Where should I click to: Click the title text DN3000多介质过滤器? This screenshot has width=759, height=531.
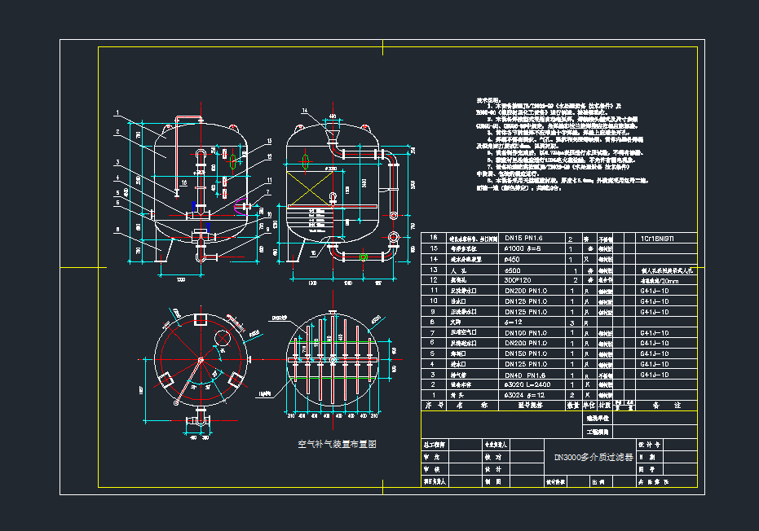pyautogui.click(x=593, y=458)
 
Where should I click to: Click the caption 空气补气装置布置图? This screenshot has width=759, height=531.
pyautogui.click(x=337, y=445)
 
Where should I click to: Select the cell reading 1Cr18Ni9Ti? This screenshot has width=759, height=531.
pyautogui.click(x=658, y=238)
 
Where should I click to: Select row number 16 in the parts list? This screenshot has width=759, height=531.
pyautogui.click(x=434, y=238)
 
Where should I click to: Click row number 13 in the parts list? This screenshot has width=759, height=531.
pyautogui.click(x=434, y=270)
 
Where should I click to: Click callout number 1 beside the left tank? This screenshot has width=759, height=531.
pyautogui.click(x=117, y=112)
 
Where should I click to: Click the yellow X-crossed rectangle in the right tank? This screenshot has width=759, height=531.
pyautogui.click(x=309, y=198)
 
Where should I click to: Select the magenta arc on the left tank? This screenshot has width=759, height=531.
pyautogui.click(x=240, y=205)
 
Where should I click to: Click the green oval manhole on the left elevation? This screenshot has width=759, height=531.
pyautogui.click(x=235, y=157)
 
